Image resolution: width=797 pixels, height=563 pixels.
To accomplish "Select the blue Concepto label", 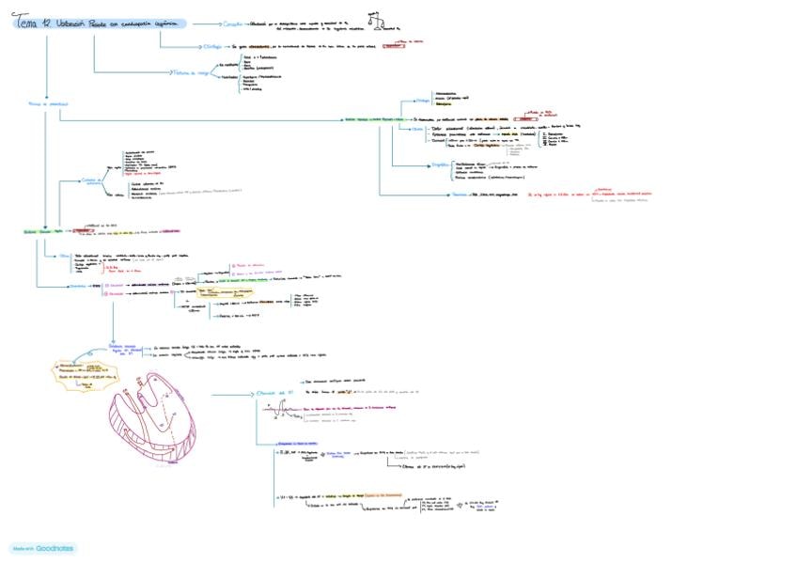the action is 240,23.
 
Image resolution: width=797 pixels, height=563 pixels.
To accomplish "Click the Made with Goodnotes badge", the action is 44,547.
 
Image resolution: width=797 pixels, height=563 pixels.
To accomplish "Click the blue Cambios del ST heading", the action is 276,393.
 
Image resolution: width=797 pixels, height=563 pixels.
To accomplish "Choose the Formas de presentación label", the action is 46,103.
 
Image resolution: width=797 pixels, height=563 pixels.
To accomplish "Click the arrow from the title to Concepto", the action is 205,23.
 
